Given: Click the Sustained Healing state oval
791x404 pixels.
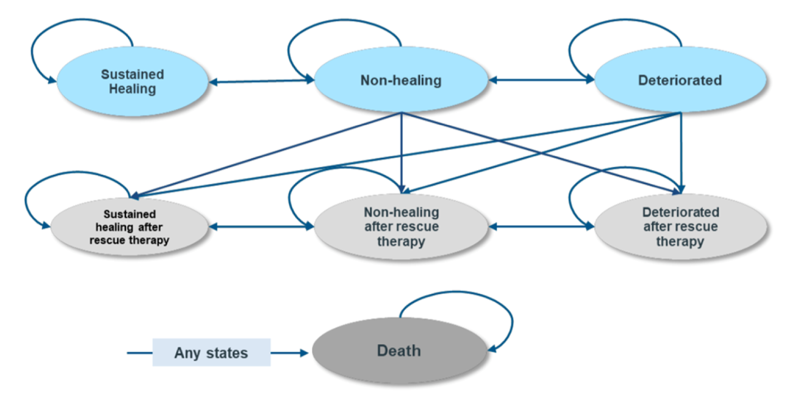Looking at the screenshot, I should pyautogui.click(x=132, y=81).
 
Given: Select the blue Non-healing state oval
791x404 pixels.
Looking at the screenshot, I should pyautogui.click(x=401, y=80).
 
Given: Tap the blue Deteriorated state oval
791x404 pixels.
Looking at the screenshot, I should pyautogui.click(x=680, y=80).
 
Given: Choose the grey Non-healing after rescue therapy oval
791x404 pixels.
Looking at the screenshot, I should pyautogui.click(x=401, y=227).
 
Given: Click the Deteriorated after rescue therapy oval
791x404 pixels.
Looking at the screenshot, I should pyautogui.click(x=680, y=227).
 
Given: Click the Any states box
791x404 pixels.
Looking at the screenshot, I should pyautogui.click(x=211, y=353).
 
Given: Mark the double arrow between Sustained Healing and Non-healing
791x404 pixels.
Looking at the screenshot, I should pyautogui.click(x=261, y=81).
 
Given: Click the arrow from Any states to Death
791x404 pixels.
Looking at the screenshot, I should pyautogui.click(x=290, y=353).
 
